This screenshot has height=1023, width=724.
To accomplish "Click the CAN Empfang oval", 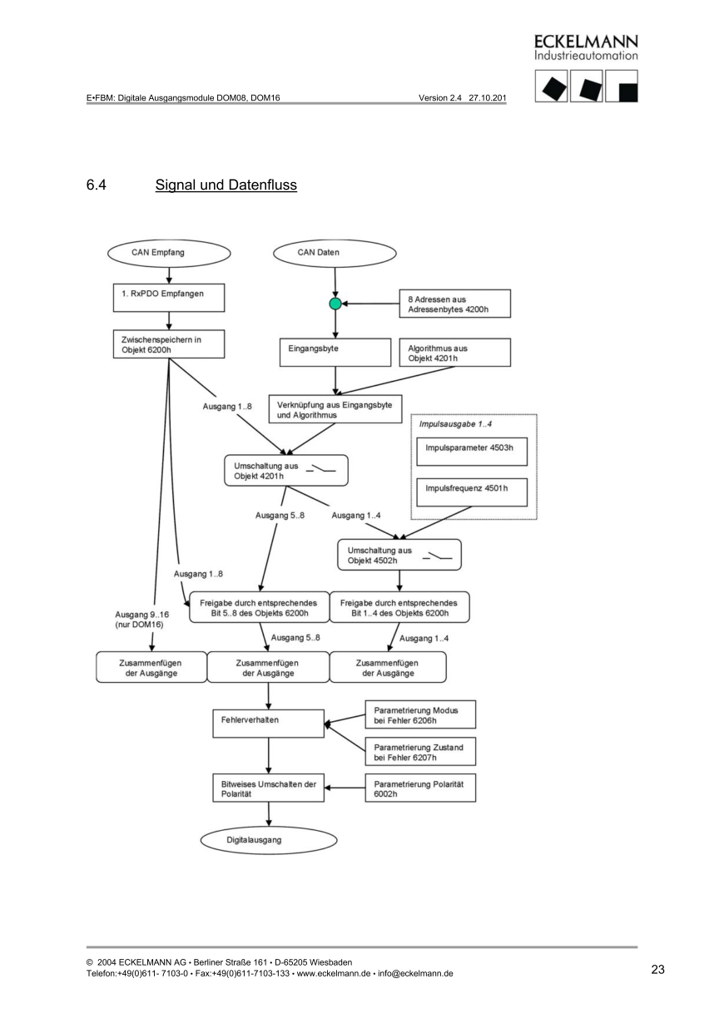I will tap(169, 252).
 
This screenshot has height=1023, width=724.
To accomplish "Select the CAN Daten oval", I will tap(335, 252).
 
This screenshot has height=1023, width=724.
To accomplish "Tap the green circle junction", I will tap(335, 304).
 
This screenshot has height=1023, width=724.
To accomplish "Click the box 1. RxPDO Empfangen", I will tap(169, 294).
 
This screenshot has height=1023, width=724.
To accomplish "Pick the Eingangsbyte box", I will tap(334, 351).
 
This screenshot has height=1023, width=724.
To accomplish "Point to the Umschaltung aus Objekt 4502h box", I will tap(399, 556).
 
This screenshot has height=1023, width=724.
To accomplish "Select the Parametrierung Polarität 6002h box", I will tap(420, 788).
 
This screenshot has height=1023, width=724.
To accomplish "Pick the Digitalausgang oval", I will tap(255, 841).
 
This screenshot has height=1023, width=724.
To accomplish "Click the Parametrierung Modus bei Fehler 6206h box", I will tap(420, 714).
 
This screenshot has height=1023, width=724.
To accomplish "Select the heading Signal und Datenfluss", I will tap(226, 185).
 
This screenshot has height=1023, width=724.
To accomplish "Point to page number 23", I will tap(657, 969).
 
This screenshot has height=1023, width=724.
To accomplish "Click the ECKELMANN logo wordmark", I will tap(586, 42).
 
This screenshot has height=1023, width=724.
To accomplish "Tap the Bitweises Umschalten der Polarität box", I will tap(268, 788).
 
